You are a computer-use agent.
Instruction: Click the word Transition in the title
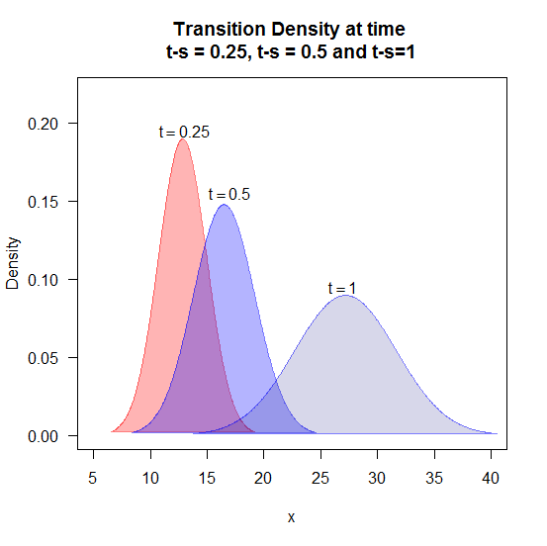[x=220, y=29]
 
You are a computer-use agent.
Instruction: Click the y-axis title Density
[x=13, y=263]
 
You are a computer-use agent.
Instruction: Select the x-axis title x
[x=291, y=517]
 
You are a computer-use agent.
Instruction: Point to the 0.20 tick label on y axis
[x=43, y=124]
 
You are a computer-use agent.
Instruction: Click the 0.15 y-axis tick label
[x=43, y=202]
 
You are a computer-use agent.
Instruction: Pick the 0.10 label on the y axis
[x=43, y=280]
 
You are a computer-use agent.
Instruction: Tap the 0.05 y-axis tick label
[x=43, y=358]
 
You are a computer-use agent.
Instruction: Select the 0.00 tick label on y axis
[x=43, y=436]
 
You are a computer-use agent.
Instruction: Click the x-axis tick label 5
[x=92, y=478]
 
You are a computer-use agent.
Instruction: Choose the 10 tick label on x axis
[x=150, y=478]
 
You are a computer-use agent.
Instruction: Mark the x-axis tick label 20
[x=263, y=478]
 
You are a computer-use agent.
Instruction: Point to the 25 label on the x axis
[x=320, y=478]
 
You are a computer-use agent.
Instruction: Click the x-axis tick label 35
[x=434, y=478]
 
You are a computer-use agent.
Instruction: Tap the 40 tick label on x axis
[x=491, y=478]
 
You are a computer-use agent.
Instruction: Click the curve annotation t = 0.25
[x=184, y=132]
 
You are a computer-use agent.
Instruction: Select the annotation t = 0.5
[x=229, y=194]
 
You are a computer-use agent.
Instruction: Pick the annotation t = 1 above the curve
[x=342, y=288]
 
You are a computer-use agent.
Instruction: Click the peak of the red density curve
[x=182, y=139]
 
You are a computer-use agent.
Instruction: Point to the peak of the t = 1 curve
[x=345, y=296]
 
